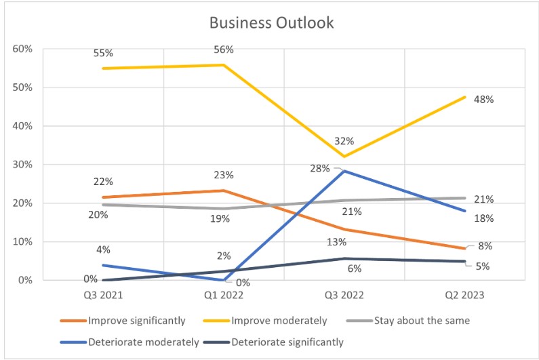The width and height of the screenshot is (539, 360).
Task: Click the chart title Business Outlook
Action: tap(271, 22)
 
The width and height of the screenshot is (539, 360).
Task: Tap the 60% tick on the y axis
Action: tap(22, 49)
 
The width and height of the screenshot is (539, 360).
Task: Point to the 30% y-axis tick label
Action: tap(22, 165)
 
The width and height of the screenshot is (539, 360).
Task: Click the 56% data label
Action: tap(223, 49)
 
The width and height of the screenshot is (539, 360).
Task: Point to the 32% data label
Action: tap(344, 142)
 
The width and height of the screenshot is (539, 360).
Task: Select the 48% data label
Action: tap(484, 99)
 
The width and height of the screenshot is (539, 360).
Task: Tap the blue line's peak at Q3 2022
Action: tap(344, 171)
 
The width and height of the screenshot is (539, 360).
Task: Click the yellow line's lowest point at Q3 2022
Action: tap(344, 157)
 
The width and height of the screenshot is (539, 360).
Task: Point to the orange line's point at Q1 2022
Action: tap(224, 191)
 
